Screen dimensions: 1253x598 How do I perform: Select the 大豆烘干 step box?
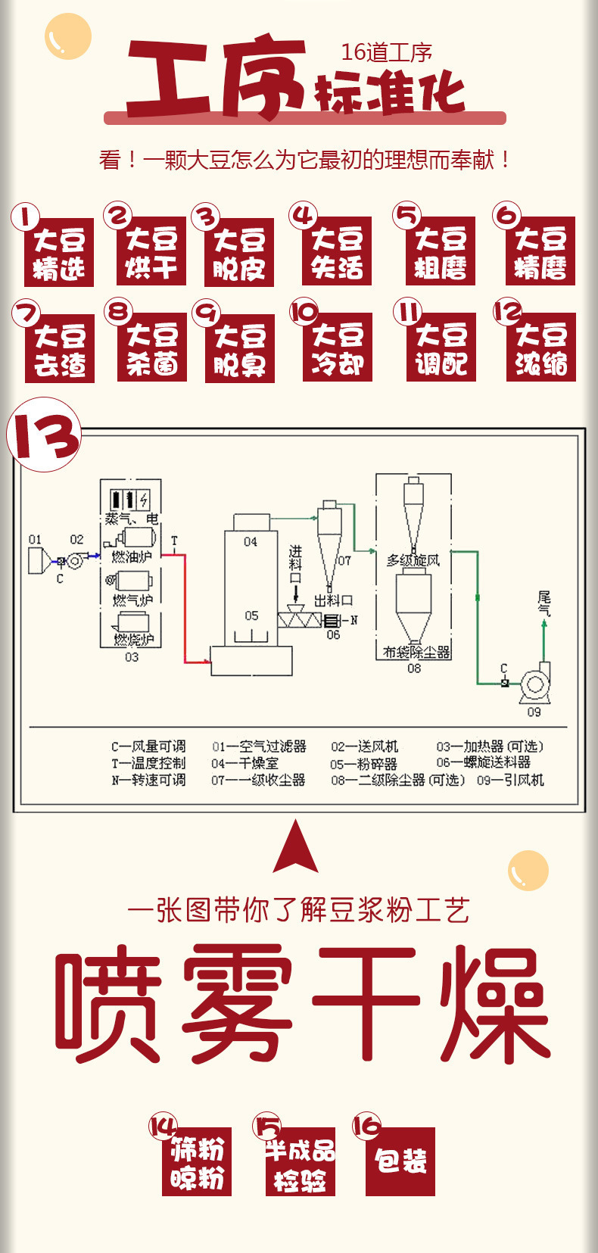[151, 252]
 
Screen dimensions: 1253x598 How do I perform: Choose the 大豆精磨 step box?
[540, 252]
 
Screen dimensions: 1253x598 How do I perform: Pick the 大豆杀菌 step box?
[151, 348]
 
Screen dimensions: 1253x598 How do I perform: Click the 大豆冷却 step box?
[337, 348]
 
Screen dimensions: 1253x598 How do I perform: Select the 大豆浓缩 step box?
[540, 348]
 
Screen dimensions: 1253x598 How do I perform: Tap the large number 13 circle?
[44, 435]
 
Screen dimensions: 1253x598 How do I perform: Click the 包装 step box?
[400, 1161]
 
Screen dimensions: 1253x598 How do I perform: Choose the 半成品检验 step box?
[300, 1163]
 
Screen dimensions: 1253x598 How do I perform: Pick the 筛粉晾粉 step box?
[197, 1163]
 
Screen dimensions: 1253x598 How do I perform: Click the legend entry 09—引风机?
[510, 780]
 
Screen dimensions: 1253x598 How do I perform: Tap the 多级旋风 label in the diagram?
[413, 560]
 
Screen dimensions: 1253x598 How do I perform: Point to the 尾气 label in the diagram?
[543, 603]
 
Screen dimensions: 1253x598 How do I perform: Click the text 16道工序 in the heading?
[386, 52]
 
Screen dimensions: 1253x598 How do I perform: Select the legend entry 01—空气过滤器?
[259, 747]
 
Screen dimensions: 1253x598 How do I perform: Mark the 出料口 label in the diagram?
[333, 600]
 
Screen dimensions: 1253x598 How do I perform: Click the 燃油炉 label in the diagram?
[132, 556]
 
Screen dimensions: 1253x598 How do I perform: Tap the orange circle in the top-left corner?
[67, 36]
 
